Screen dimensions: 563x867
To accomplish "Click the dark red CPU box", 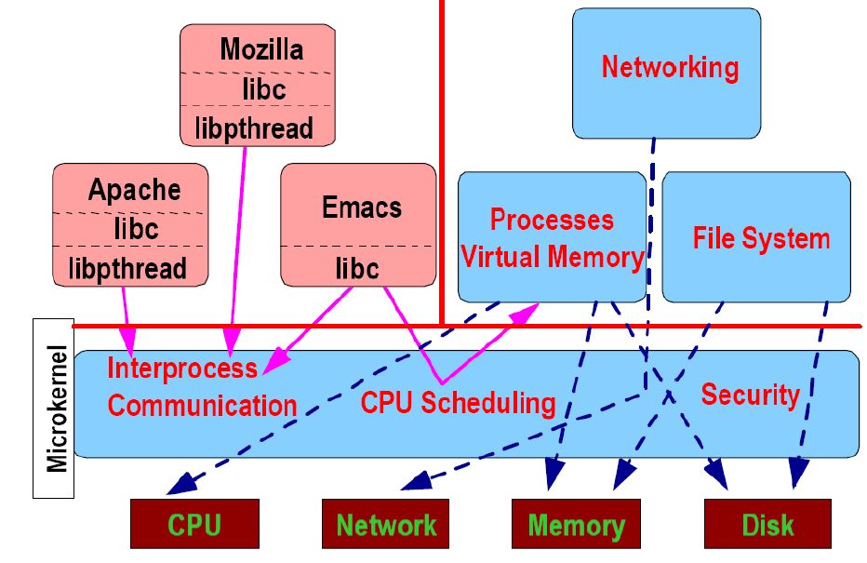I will tap(193, 524).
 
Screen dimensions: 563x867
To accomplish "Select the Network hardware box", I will tap(385, 524).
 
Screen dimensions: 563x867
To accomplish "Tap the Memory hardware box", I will tap(576, 524).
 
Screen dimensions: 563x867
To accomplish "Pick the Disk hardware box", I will tap(767, 524).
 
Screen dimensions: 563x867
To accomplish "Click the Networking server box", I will tap(666, 70).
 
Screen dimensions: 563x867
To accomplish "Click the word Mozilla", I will tap(262, 49).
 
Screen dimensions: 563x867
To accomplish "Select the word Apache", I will tap(134, 191).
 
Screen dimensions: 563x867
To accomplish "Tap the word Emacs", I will tap(361, 207).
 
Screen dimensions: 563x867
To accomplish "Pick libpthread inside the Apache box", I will tap(127, 269).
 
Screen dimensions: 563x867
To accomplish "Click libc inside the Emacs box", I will tap(357, 269).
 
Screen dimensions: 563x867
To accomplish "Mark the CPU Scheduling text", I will tap(458, 403).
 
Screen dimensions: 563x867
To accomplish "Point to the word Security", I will tap(750, 395).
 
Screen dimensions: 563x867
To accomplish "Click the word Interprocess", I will tap(182, 368).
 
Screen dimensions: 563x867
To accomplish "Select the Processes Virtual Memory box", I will tap(552, 238).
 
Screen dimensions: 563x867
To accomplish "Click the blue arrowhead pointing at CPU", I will tap(179, 484).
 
